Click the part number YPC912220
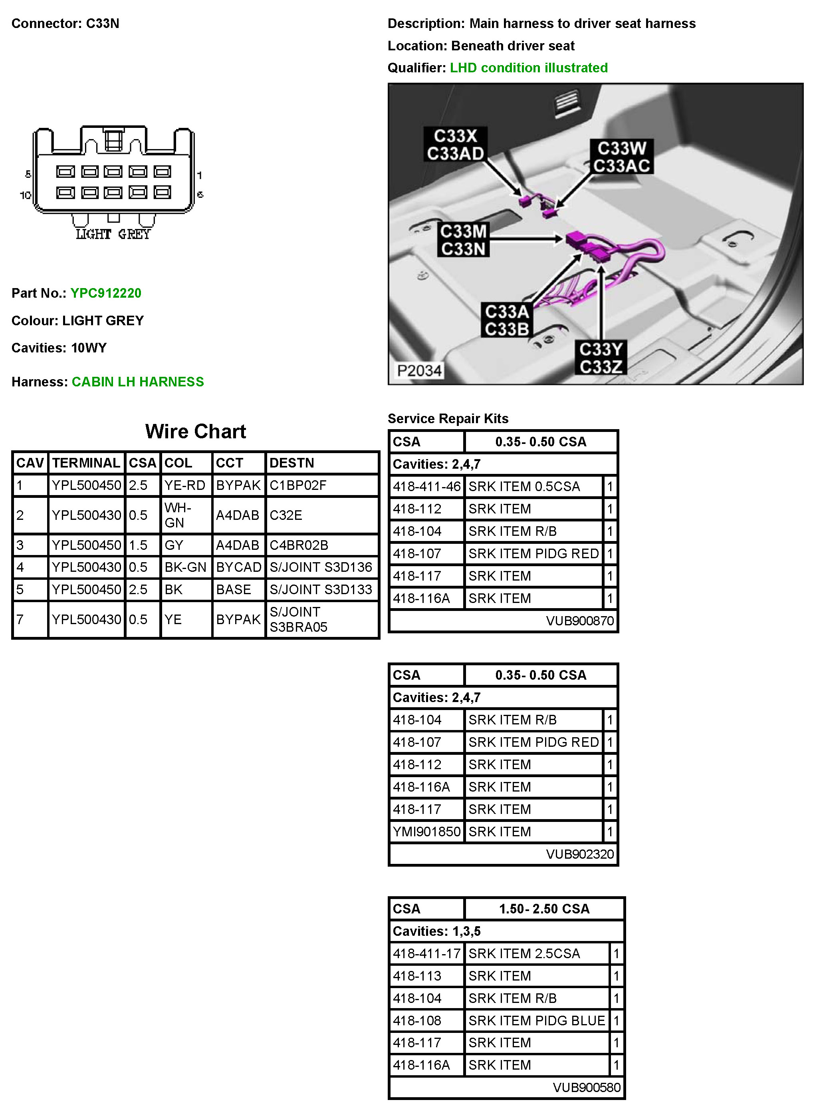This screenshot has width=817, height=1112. (x=106, y=293)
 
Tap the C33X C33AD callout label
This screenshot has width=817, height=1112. (x=456, y=145)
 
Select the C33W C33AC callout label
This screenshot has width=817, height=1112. (x=622, y=157)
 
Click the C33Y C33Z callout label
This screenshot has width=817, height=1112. (x=601, y=358)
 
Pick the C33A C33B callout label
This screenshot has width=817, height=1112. (x=507, y=320)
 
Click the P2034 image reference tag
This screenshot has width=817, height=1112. (x=419, y=370)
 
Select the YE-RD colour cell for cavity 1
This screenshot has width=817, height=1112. (x=184, y=485)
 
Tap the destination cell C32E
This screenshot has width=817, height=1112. (x=286, y=515)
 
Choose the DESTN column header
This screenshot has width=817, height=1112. (x=292, y=463)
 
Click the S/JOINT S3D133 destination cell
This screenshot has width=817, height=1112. (x=321, y=589)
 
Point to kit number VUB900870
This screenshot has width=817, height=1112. (x=580, y=621)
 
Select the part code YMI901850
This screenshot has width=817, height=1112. (x=426, y=832)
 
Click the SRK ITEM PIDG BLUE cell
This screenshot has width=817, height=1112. (x=537, y=1020)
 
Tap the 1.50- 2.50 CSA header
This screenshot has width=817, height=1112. (x=544, y=909)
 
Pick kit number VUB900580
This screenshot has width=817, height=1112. (x=586, y=1087)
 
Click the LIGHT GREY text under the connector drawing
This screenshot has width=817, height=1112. (x=113, y=234)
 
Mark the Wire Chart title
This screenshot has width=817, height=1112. (x=195, y=432)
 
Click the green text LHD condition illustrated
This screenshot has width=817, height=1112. (x=529, y=68)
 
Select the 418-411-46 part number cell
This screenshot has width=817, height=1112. (x=426, y=486)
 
